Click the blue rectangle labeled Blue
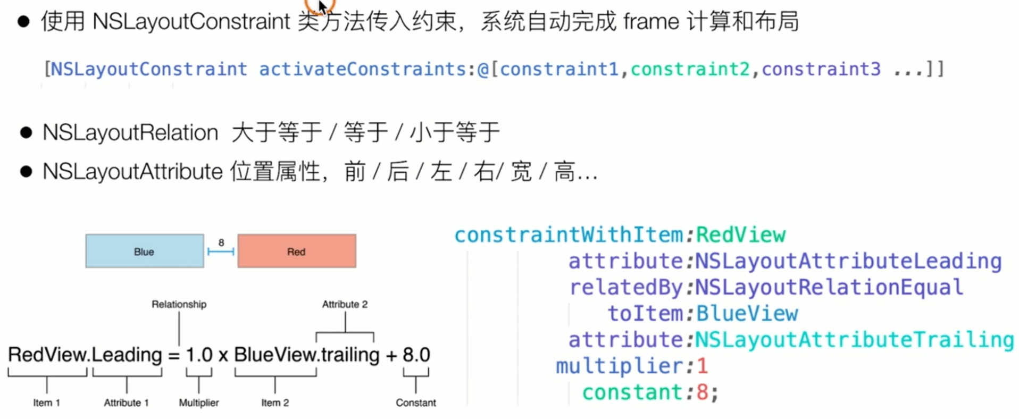point(144,251)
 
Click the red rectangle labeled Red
point(296,251)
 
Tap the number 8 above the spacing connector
point(221,242)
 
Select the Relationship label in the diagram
point(179,304)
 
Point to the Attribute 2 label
point(345,304)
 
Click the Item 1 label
point(46,403)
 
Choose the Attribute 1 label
point(126,403)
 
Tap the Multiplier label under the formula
point(198,403)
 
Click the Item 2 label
point(275,403)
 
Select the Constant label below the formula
point(415,403)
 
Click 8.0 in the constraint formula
point(416,355)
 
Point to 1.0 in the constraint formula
point(199,355)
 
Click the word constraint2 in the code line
point(690,69)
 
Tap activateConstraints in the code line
point(362,69)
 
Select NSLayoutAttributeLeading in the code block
point(848,261)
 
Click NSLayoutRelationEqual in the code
point(829,287)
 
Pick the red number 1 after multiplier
point(702,366)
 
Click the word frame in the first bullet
point(651,22)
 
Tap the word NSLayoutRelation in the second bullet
point(130,132)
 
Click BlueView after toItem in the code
point(747,313)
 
